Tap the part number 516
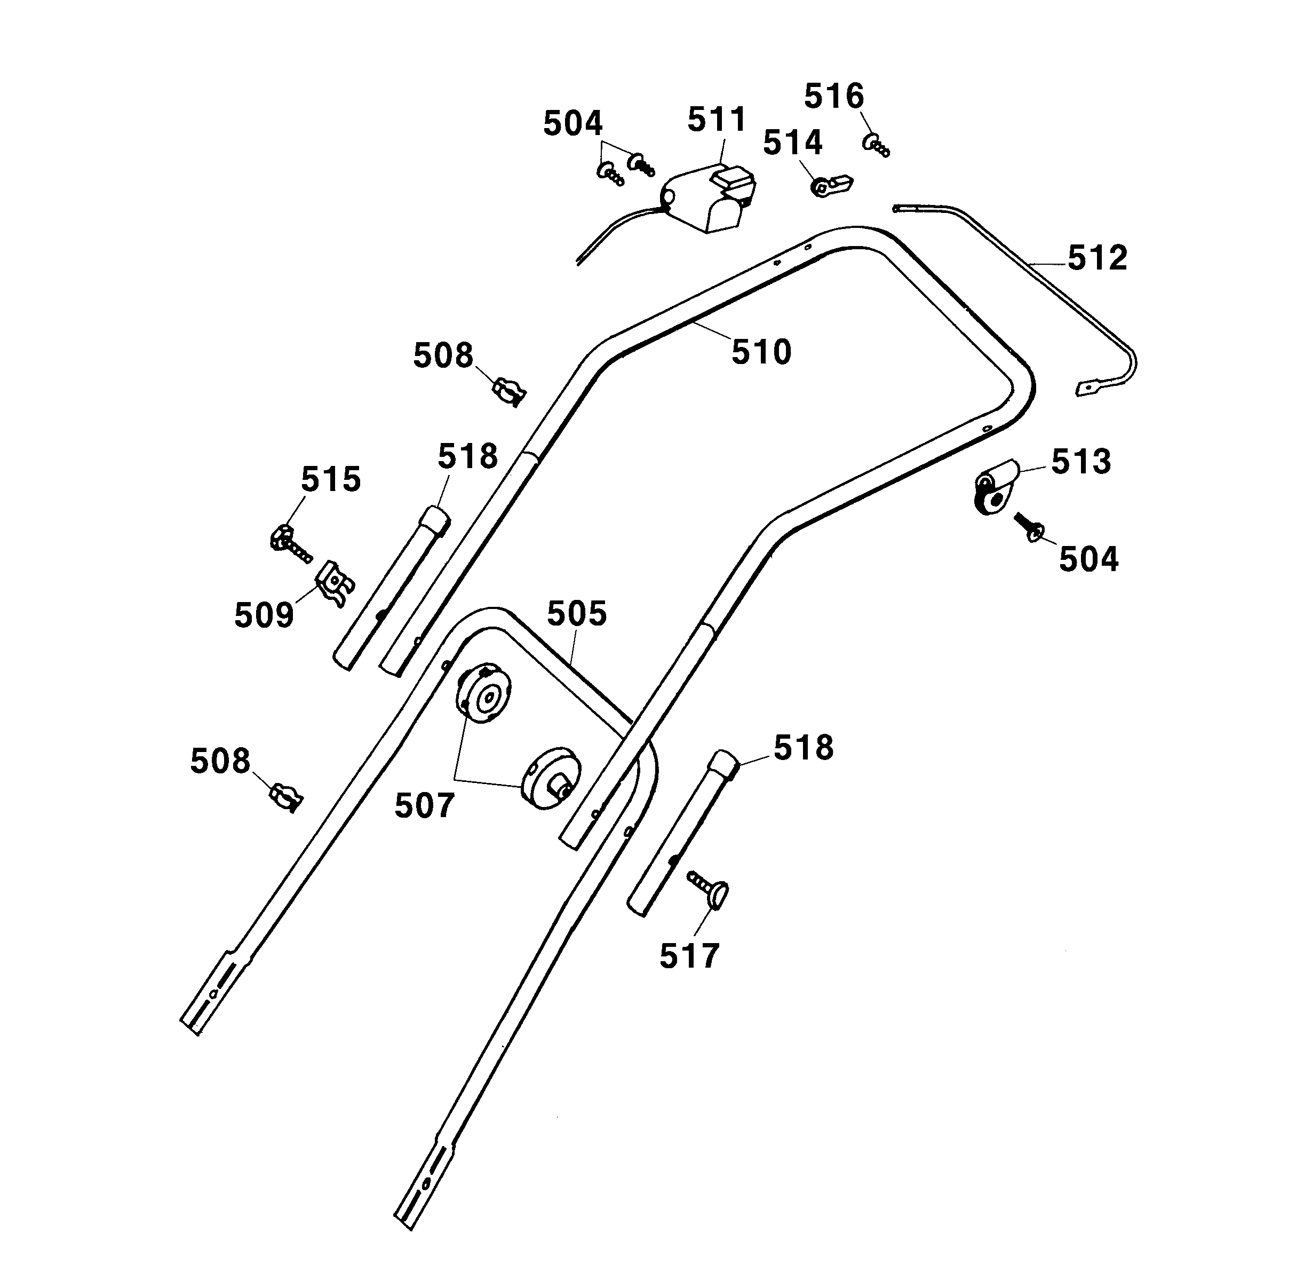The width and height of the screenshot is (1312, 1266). [x=833, y=97]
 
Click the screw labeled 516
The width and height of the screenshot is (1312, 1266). [x=876, y=145]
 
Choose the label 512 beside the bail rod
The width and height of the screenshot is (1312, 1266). [x=1097, y=258]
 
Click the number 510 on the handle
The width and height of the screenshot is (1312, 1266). [x=761, y=352]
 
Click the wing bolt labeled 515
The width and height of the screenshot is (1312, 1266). [x=288, y=541]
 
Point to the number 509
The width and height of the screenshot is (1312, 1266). [x=264, y=615]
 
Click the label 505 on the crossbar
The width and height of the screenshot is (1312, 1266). [x=576, y=614]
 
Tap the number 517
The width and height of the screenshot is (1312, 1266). [x=689, y=955]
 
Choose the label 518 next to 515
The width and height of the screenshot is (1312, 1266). [x=467, y=456]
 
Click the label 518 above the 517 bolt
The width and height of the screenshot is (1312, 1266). [x=804, y=748]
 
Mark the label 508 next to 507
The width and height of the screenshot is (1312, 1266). [x=220, y=761]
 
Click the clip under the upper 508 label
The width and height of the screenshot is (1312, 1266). [x=510, y=390]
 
